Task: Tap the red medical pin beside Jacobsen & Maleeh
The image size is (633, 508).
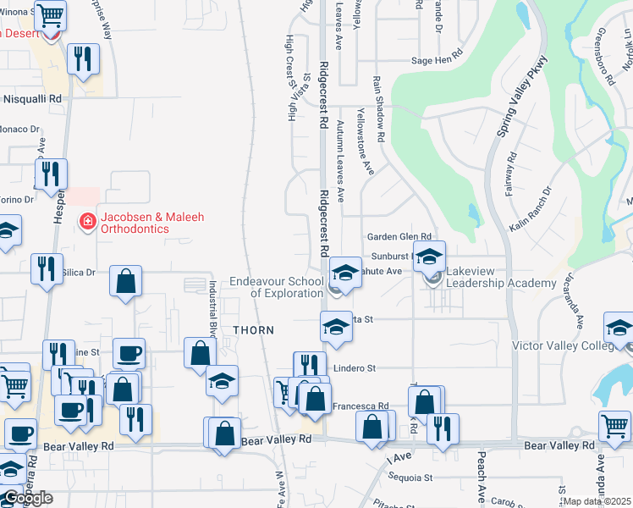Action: click(86, 223)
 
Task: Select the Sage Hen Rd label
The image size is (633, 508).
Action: click(438, 60)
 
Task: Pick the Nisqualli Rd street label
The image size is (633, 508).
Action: click(32, 99)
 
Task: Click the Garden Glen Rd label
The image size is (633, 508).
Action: click(399, 237)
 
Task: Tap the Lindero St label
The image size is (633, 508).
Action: click(354, 368)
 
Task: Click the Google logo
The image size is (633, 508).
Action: click(28, 498)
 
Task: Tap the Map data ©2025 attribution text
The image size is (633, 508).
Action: click(597, 501)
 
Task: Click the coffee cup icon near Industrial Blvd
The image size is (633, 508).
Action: click(129, 353)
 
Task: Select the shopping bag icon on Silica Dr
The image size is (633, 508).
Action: click(125, 282)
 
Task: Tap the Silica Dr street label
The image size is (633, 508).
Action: click(79, 273)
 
